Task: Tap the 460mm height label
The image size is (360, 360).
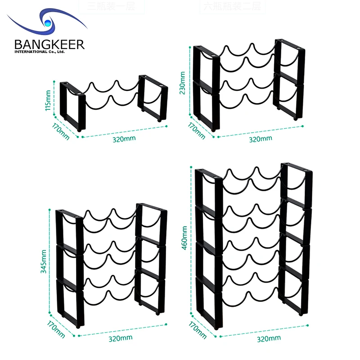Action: click(184, 239)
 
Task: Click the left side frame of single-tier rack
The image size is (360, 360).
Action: click(72, 106)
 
